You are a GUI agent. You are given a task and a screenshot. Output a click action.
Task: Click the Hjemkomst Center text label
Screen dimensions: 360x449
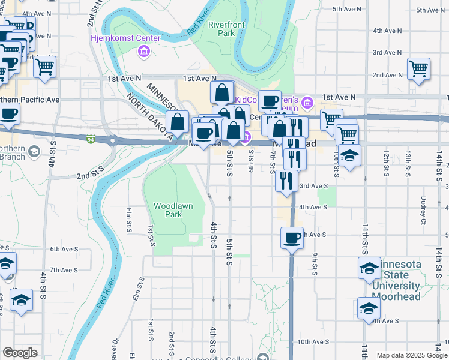tap(125, 38)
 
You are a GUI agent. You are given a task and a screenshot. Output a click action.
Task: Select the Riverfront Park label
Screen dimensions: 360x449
tap(221, 29)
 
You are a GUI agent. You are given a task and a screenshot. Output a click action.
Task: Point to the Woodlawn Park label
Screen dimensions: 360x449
tap(173, 210)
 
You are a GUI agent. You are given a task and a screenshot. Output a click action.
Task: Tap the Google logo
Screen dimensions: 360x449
tap(20, 353)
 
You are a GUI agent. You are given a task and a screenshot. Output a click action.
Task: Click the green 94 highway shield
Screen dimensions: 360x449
tap(90, 139)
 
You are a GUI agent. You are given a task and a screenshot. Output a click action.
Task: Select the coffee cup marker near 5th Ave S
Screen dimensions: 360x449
tap(292, 238)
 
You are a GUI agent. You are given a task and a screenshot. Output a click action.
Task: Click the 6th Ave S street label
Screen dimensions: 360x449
tap(64, 249)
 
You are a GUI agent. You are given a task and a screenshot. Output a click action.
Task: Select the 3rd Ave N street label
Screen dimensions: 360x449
tap(387, 53)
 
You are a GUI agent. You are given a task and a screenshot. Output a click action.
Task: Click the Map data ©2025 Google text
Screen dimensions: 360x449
tap(411, 355)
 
